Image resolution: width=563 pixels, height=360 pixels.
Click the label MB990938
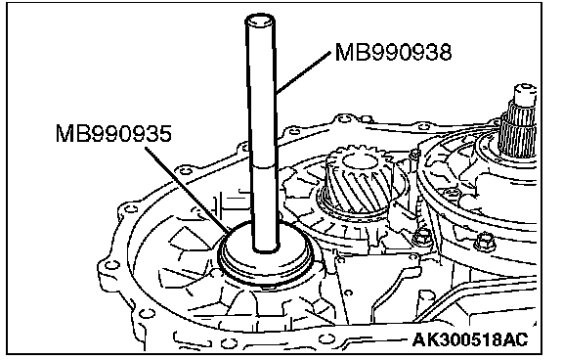tap(393, 52)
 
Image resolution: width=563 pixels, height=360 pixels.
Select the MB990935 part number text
tap(113, 134)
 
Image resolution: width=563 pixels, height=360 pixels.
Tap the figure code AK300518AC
tap(470, 339)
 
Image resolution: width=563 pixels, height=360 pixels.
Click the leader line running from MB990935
tap(189, 191)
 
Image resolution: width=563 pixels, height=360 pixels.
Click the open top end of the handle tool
tap(260, 21)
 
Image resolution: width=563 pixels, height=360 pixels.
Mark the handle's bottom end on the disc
tap(266, 247)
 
